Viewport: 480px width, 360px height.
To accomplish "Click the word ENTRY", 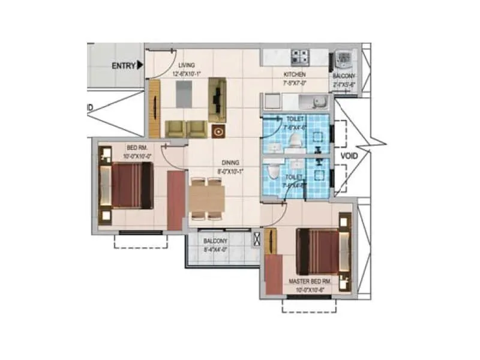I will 123,65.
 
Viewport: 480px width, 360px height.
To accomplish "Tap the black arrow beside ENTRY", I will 140,65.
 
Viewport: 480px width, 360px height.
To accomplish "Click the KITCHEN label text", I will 295,75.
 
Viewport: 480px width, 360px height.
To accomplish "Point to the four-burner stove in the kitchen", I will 300,58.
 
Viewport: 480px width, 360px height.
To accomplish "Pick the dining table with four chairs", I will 207,198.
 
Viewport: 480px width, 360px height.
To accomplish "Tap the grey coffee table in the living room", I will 185,93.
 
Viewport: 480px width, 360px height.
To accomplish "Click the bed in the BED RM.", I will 127,186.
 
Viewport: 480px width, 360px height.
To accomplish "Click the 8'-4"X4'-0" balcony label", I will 215,248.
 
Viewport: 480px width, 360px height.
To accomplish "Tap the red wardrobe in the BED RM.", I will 176,200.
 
